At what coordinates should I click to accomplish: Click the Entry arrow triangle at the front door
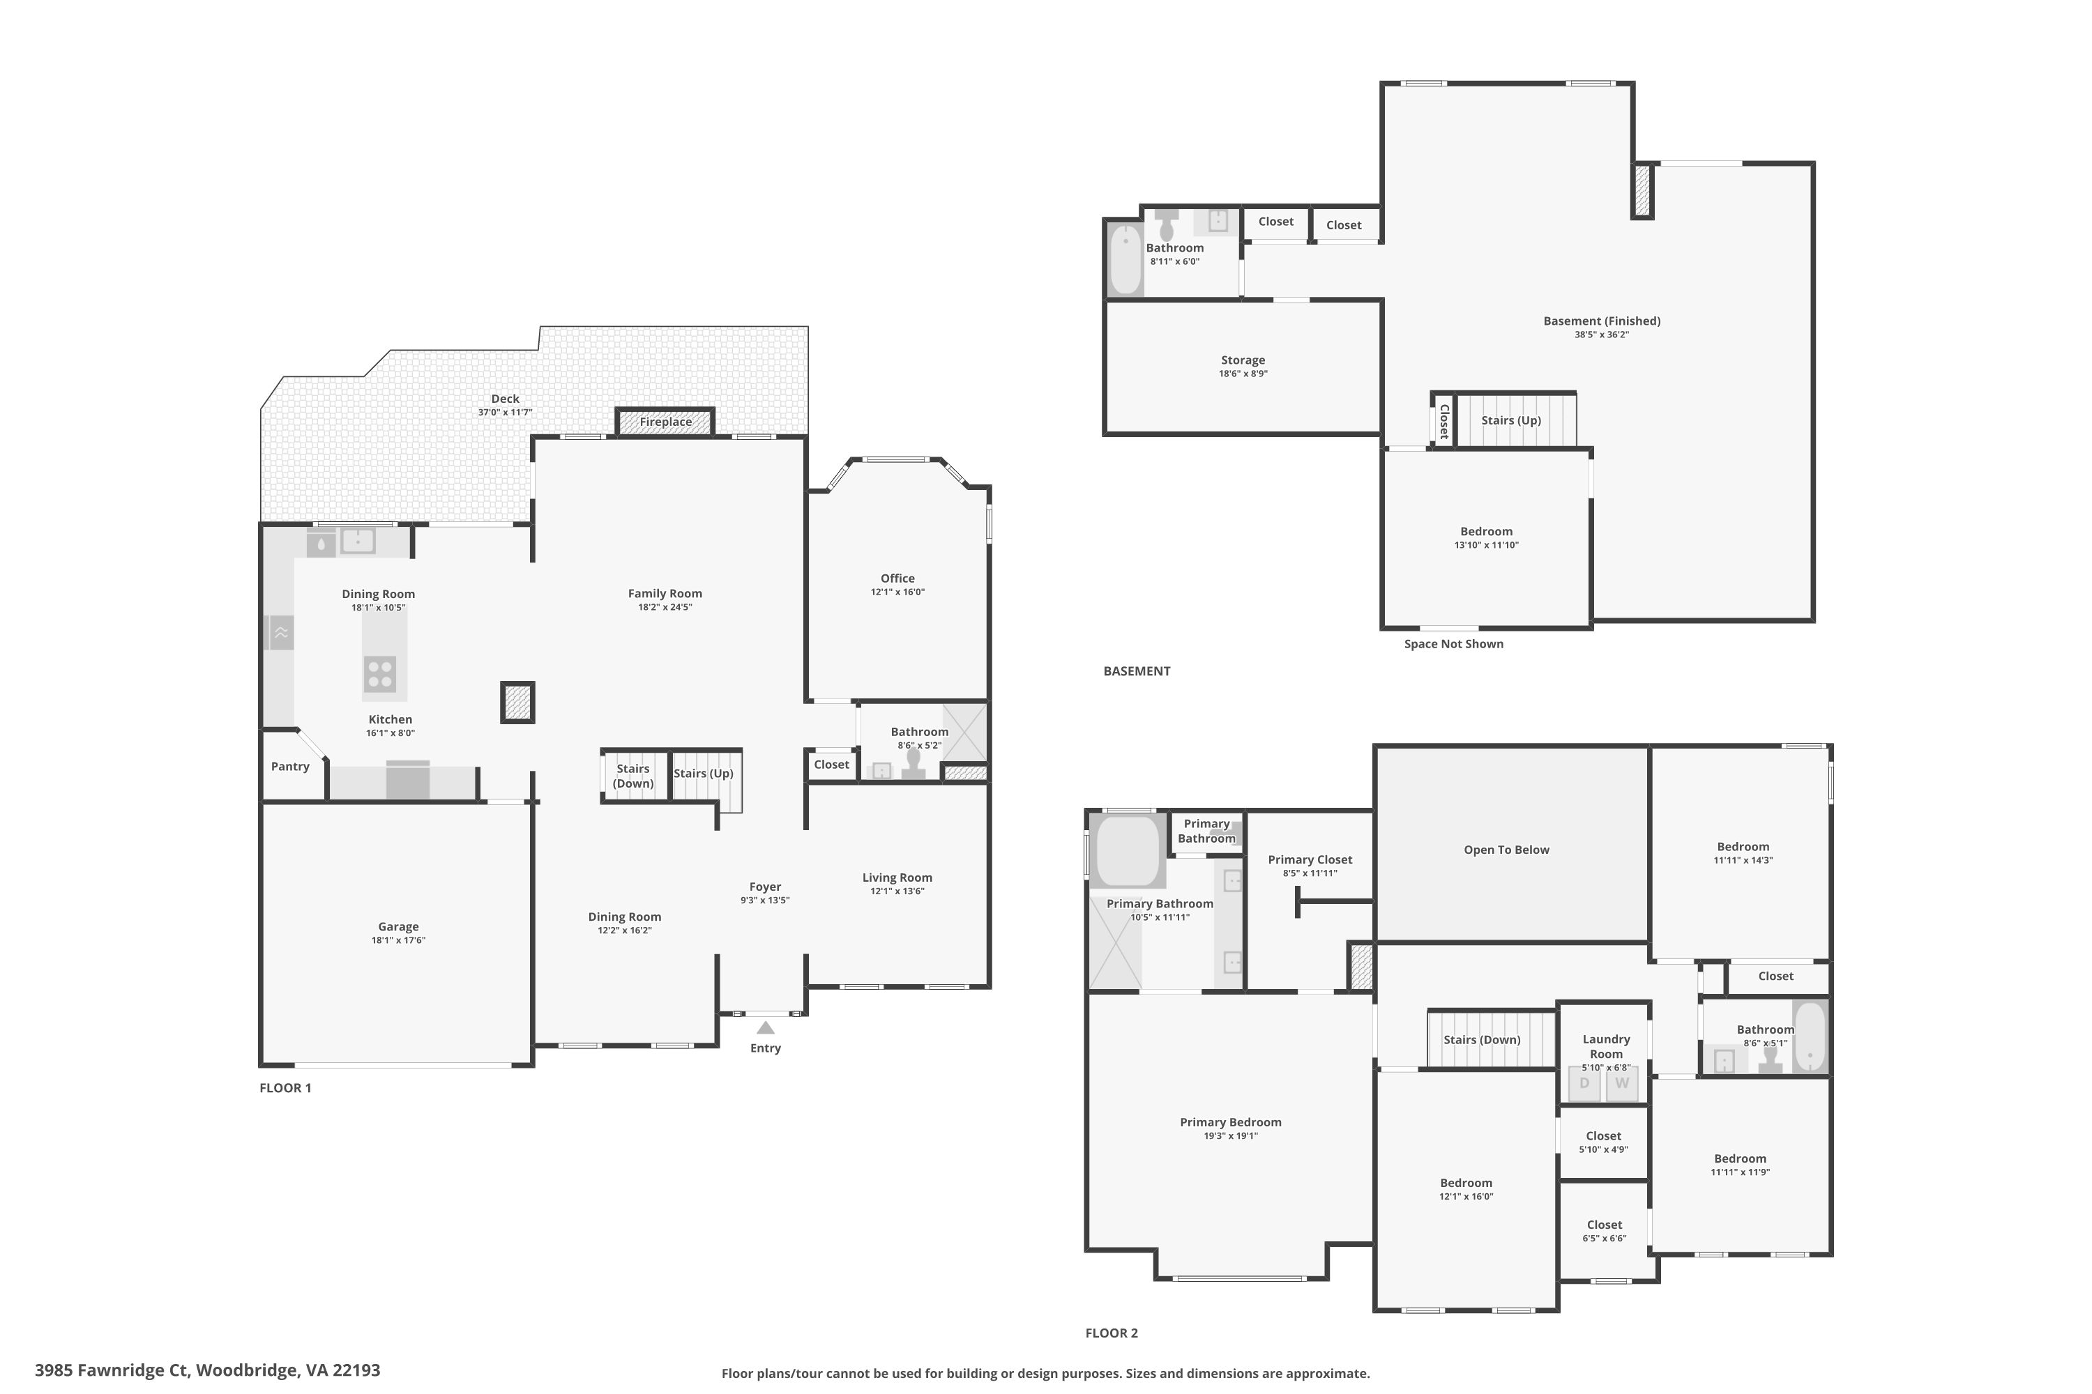coord(766,1027)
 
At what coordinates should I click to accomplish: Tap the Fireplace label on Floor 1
coord(665,422)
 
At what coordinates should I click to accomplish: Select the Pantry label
coord(290,766)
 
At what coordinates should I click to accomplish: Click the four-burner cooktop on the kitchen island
coord(380,674)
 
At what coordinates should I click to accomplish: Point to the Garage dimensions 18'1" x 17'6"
coord(398,940)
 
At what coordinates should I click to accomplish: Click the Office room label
coord(897,579)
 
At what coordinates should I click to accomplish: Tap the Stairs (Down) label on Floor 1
coord(633,776)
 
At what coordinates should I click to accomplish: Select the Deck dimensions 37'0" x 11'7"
coord(505,413)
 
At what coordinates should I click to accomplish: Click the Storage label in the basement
coord(1243,360)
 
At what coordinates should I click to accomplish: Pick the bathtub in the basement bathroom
coord(1125,259)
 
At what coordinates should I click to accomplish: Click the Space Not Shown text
coord(1453,643)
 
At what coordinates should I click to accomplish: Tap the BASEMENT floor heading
coord(1137,671)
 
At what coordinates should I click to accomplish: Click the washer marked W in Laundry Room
coord(1621,1084)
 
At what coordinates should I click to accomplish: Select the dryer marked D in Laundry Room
coord(1584,1084)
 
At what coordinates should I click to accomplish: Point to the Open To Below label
coord(1507,850)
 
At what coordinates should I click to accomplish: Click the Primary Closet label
coord(1310,859)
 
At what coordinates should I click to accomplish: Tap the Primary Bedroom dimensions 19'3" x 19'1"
coord(1231,1136)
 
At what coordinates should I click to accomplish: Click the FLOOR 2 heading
coord(1112,1333)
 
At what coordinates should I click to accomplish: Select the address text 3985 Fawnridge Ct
coord(112,1370)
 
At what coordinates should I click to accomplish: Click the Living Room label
coord(897,878)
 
